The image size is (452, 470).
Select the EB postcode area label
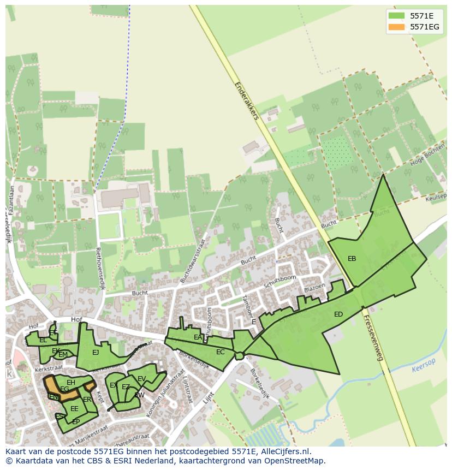(x=352, y=259)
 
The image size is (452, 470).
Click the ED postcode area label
(x=338, y=314)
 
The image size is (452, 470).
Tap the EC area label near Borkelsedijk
(x=220, y=352)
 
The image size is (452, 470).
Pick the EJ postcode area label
(x=96, y=353)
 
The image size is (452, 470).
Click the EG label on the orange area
(x=64, y=389)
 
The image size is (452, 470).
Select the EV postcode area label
(x=141, y=379)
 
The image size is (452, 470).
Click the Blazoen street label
(x=314, y=287)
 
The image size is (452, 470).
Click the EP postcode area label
(x=76, y=422)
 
